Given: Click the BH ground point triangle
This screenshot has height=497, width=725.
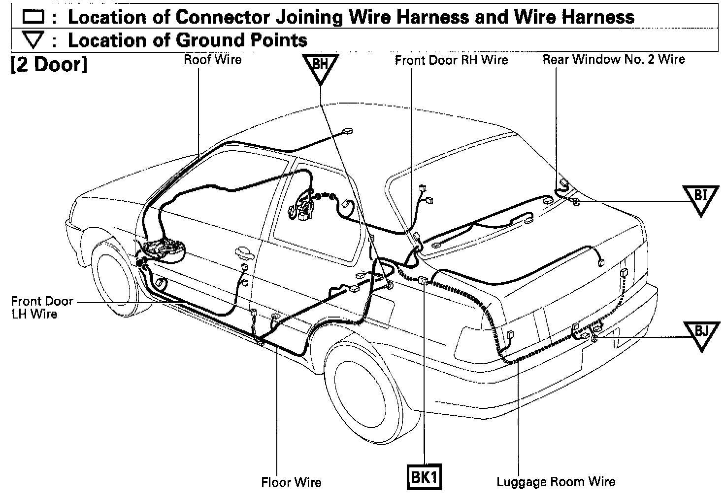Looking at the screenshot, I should point(320,68).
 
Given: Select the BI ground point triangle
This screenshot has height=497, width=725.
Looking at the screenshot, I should point(700,198).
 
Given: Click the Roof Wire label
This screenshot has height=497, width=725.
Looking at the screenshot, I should point(212,60).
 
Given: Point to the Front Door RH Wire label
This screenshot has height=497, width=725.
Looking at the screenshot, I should point(451,60).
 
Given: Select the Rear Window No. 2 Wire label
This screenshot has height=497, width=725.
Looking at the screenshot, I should point(613,60).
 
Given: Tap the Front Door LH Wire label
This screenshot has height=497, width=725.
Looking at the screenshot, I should point(41,307).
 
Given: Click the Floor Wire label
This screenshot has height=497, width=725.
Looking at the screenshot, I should point(291,482).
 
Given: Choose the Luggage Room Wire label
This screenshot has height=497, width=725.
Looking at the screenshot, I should point(556,482).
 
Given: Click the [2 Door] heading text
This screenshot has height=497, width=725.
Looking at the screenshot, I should point(48,65).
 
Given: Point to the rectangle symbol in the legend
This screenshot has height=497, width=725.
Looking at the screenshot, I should point(33,18).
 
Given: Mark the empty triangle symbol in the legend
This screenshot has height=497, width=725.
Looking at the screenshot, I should point(33,40).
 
